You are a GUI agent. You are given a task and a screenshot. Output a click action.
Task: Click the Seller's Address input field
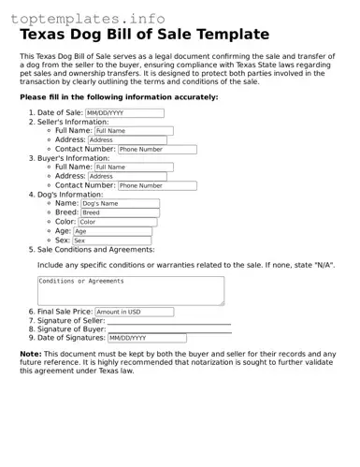(133, 140)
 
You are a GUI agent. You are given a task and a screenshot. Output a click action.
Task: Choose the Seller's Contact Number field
(157, 150)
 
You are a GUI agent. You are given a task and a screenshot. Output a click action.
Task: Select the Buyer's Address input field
(133, 176)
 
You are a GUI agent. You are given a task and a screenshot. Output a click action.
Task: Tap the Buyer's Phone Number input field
(157, 185)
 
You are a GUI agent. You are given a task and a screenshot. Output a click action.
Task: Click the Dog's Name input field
(120, 203)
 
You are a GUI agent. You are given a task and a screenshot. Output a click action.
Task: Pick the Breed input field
(118, 212)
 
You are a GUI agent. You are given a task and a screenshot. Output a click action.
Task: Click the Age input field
(112, 231)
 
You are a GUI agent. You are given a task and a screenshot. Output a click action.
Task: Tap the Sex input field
(111, 241)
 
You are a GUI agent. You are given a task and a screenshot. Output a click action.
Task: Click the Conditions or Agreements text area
(131, 290)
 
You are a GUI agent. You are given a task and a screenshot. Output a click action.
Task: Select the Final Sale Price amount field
(134, 312)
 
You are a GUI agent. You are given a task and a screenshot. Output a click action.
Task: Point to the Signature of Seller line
(168, 321)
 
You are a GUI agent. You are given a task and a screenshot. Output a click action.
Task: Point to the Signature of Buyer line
(168, 329)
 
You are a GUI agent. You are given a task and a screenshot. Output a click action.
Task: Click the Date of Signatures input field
(147, 339)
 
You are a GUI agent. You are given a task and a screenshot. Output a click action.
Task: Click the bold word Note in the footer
(30, 355)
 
